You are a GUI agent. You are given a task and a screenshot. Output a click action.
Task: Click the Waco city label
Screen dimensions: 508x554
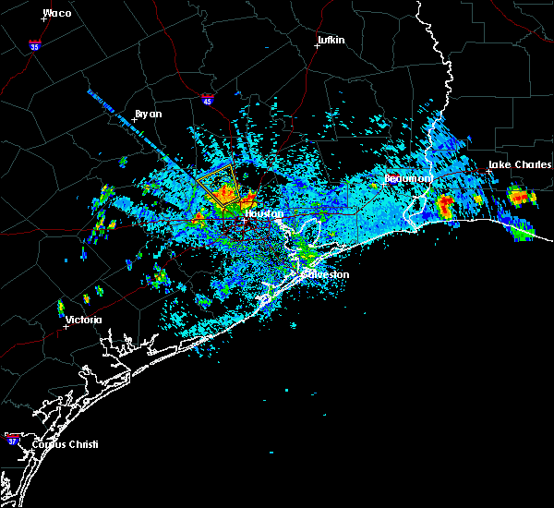click(57, 13)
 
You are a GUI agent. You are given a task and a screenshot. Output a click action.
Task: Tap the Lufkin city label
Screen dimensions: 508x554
click(330, 41)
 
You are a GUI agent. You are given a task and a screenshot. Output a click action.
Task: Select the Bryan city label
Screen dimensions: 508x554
click(148, 114)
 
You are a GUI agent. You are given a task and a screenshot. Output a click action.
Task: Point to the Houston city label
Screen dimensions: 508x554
click(266, 213)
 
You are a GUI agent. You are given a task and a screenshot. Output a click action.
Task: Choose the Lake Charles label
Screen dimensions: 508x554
click(519, 164)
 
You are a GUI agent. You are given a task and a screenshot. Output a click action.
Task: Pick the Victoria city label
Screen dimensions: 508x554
click(84, 320)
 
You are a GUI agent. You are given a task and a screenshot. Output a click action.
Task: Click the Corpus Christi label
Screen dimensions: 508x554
click(65, 444)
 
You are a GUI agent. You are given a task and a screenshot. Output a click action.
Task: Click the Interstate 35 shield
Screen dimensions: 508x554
click(34, 44)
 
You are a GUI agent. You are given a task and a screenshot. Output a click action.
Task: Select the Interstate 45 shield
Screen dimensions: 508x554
click(208, 98)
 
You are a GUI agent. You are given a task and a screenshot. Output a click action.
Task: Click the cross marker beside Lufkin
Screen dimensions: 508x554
click(317, 46)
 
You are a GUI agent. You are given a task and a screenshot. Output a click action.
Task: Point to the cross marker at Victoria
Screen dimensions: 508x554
click(66, 326)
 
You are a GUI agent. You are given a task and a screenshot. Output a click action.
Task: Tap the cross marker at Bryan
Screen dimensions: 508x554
click(136, 120)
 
